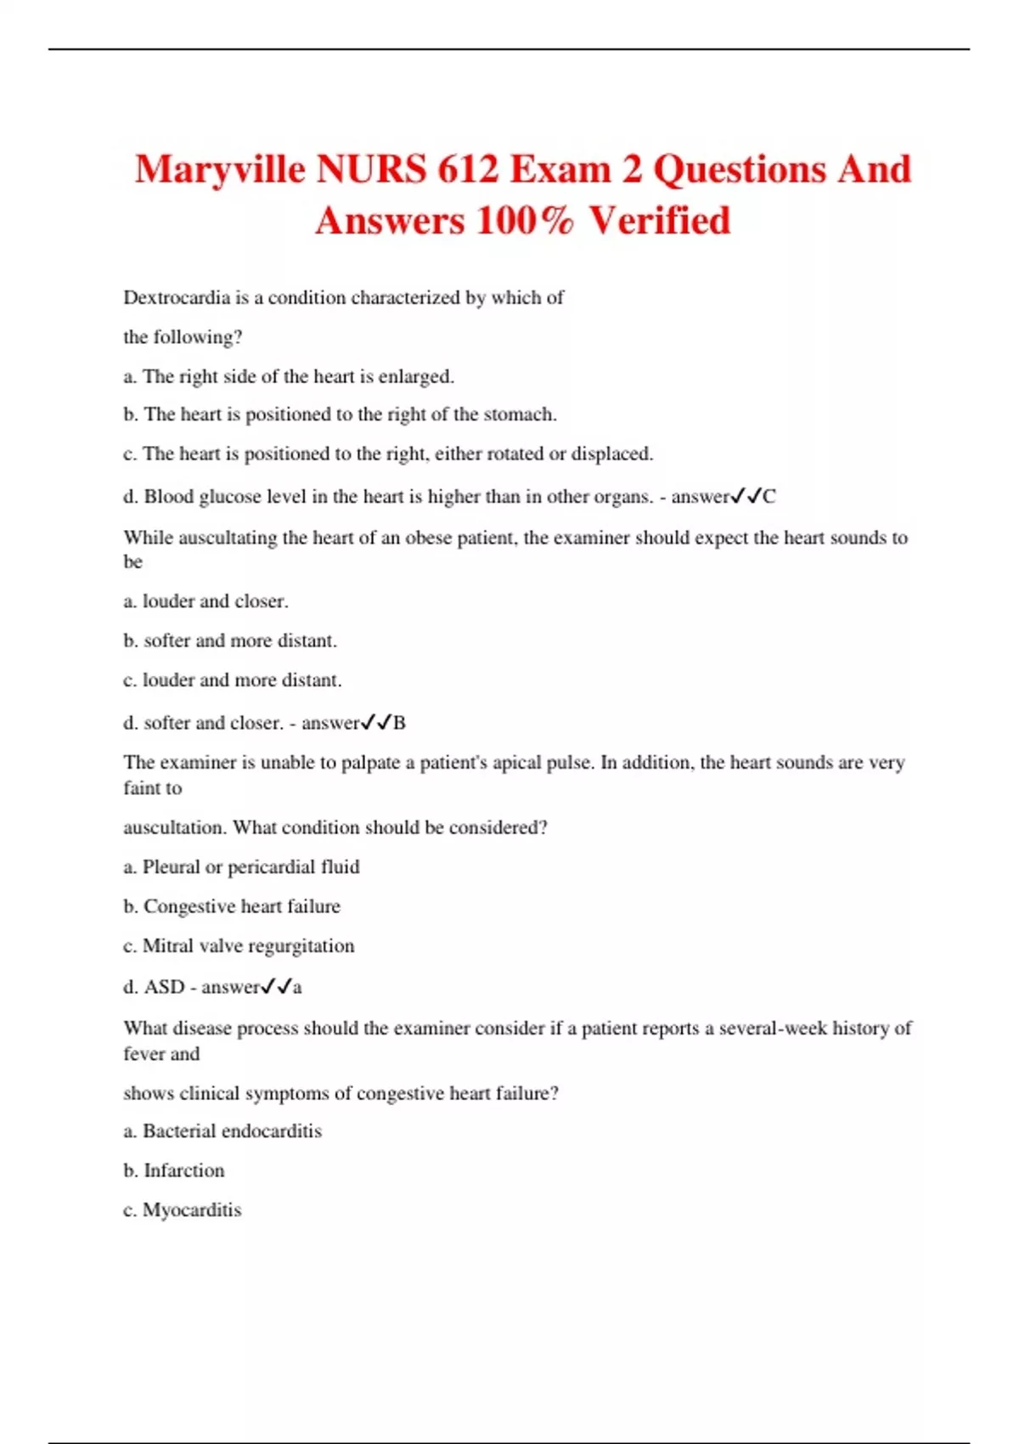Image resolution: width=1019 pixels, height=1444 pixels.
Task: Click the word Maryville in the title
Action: pyautogui.click(x=220, y=169)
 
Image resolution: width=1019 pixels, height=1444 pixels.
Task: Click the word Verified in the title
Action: pyautogui.click(x=660, y=221)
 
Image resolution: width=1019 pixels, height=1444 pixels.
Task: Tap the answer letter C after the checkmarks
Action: pyautogui.click(x=769, y=497)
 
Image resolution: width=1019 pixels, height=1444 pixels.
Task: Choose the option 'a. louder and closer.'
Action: pyautogui.click(x=205, y=601)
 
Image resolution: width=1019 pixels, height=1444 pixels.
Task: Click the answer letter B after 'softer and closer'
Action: pyautogui.click(x=399, y=723)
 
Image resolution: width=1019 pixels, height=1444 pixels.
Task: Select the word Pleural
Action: pyautogui.click(x=171, y=867)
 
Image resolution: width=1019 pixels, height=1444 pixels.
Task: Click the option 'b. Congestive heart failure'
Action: pyautogui.click(x=231, y=906)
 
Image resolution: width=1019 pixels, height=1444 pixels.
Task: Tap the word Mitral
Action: pyautogui.click(x=167, y=946)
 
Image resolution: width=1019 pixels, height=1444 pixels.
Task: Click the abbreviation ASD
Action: pyautogui.click(x=164, y=987)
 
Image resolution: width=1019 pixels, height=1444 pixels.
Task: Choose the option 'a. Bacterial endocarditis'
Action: pyautogui.click(x=222, y=1131)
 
